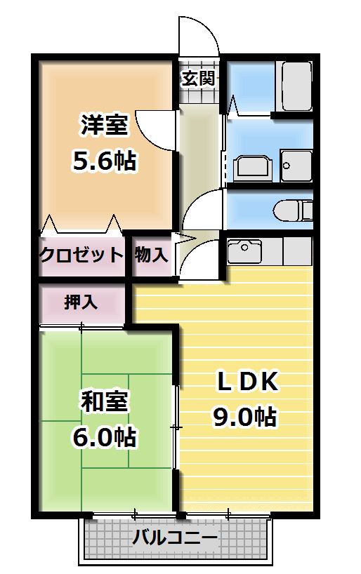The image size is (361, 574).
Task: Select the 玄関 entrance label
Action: (x=198, y=78)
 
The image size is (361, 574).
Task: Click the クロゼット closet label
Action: (x=81, y=254)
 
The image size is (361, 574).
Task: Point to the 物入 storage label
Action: (x=151, y=254)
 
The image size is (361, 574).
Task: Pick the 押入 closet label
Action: (x=81, y=302)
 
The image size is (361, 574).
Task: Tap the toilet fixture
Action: (x=295, y=210)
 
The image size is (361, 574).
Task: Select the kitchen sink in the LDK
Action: (x=243, y=249)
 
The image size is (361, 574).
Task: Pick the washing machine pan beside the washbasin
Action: (x=295, y=166)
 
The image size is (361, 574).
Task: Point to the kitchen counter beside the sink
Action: (x=288, y=249)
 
